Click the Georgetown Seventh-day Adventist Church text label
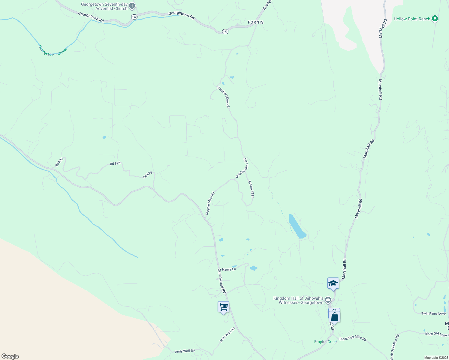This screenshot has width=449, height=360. pos(104,7)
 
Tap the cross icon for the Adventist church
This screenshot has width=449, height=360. pos(132,6)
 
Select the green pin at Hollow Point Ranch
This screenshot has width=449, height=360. pos(435,19)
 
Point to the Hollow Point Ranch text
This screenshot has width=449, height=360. pos(412,19)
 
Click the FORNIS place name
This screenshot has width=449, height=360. pos(256,22)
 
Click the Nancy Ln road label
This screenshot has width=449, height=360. pos(229,269)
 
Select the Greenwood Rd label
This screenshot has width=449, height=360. pos(221,281)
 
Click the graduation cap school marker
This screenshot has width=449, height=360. pos(333,283)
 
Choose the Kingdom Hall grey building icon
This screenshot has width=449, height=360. pos(328,300)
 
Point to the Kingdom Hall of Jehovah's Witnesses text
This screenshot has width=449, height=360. pos(298,300)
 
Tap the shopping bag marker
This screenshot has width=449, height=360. pos(334,316)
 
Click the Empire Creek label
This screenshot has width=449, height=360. pos(326,342)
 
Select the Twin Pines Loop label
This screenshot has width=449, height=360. pos(433,313)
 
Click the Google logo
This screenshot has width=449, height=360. pos(10,356)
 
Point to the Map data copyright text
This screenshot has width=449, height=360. pos(436,358)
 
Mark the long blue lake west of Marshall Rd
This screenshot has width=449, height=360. pos(297,226)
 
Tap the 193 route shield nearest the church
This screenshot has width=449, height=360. pos(134,17)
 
